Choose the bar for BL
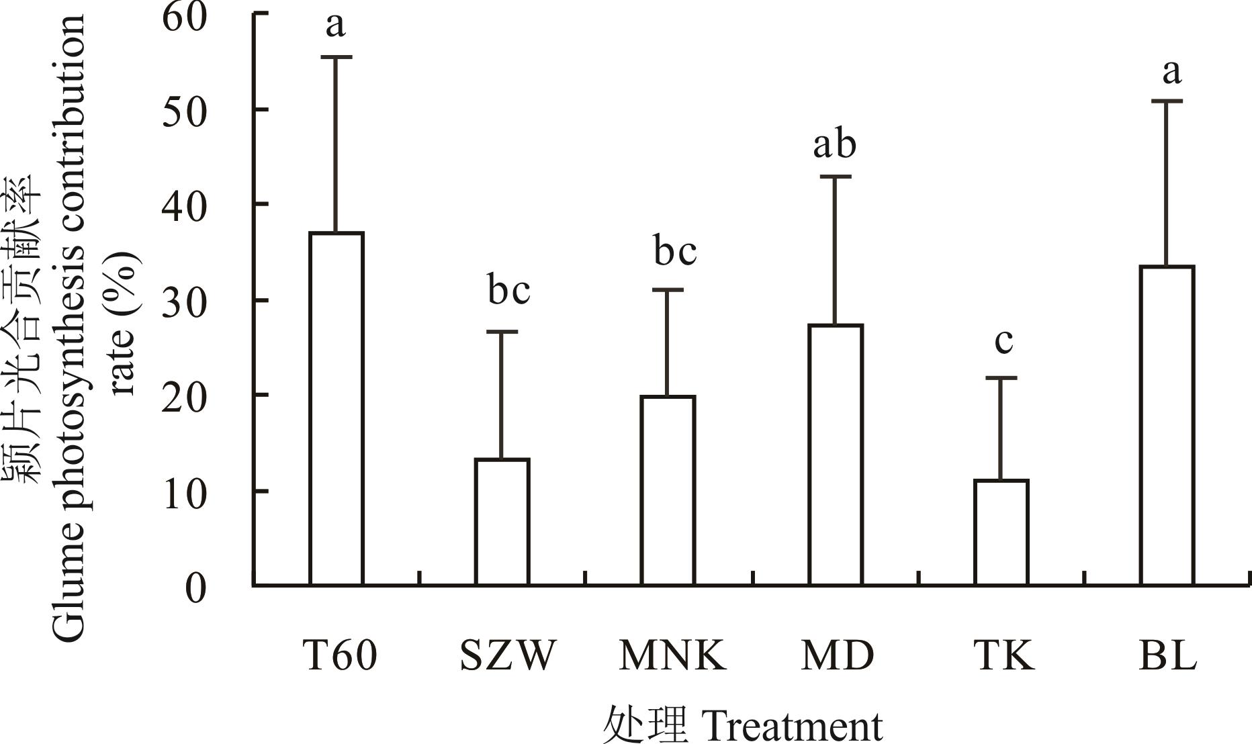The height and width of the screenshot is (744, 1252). pyautogui.click(x=1167, y=426)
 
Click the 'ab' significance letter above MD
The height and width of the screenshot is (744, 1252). pyautogui.click(x=835, y=144)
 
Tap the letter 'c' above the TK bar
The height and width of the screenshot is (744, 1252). pyautogui.click(x=1003, y=340)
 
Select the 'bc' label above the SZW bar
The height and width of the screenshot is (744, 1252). pyautogui.click(x=508, y=291)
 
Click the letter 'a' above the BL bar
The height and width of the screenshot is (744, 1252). pyautogui.click(x=1171, y=71)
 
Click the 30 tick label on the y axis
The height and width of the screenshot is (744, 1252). pyautogui.click(x=183, y=301)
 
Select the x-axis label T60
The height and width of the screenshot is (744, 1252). pyautogui.click(x=340, y=655)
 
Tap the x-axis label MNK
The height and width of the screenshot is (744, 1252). pyautogui.click(x=672, y=655)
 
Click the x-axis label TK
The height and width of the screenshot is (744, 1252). pyautogui.click(x=1003, y=655)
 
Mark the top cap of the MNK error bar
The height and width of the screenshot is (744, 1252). pyautogui.click(x=668, y=290)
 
